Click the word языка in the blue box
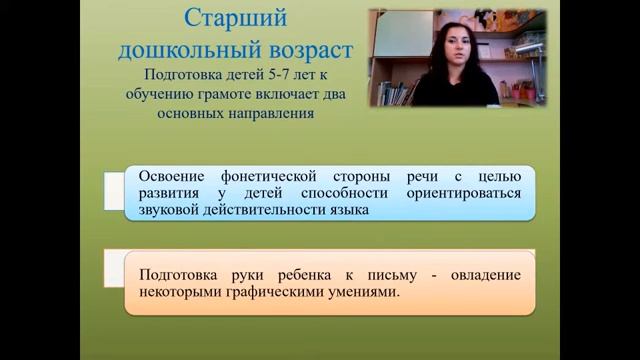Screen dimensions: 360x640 [348, 210]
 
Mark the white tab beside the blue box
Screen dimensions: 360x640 [114, 192]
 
